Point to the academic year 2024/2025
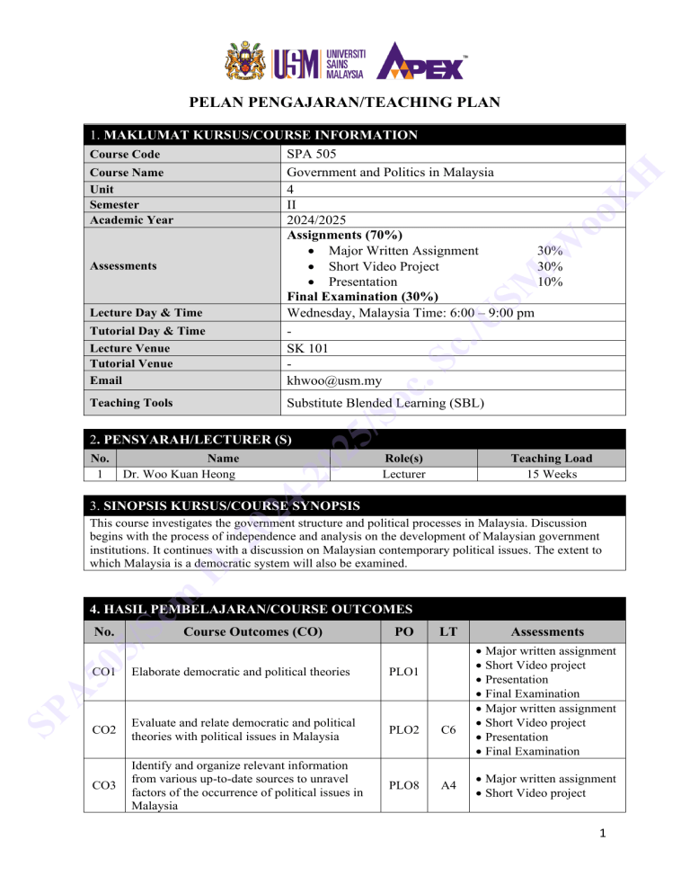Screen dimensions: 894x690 (318, 219)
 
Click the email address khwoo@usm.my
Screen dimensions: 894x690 (331, 380)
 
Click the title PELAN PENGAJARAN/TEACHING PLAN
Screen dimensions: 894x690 (344, 103)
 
